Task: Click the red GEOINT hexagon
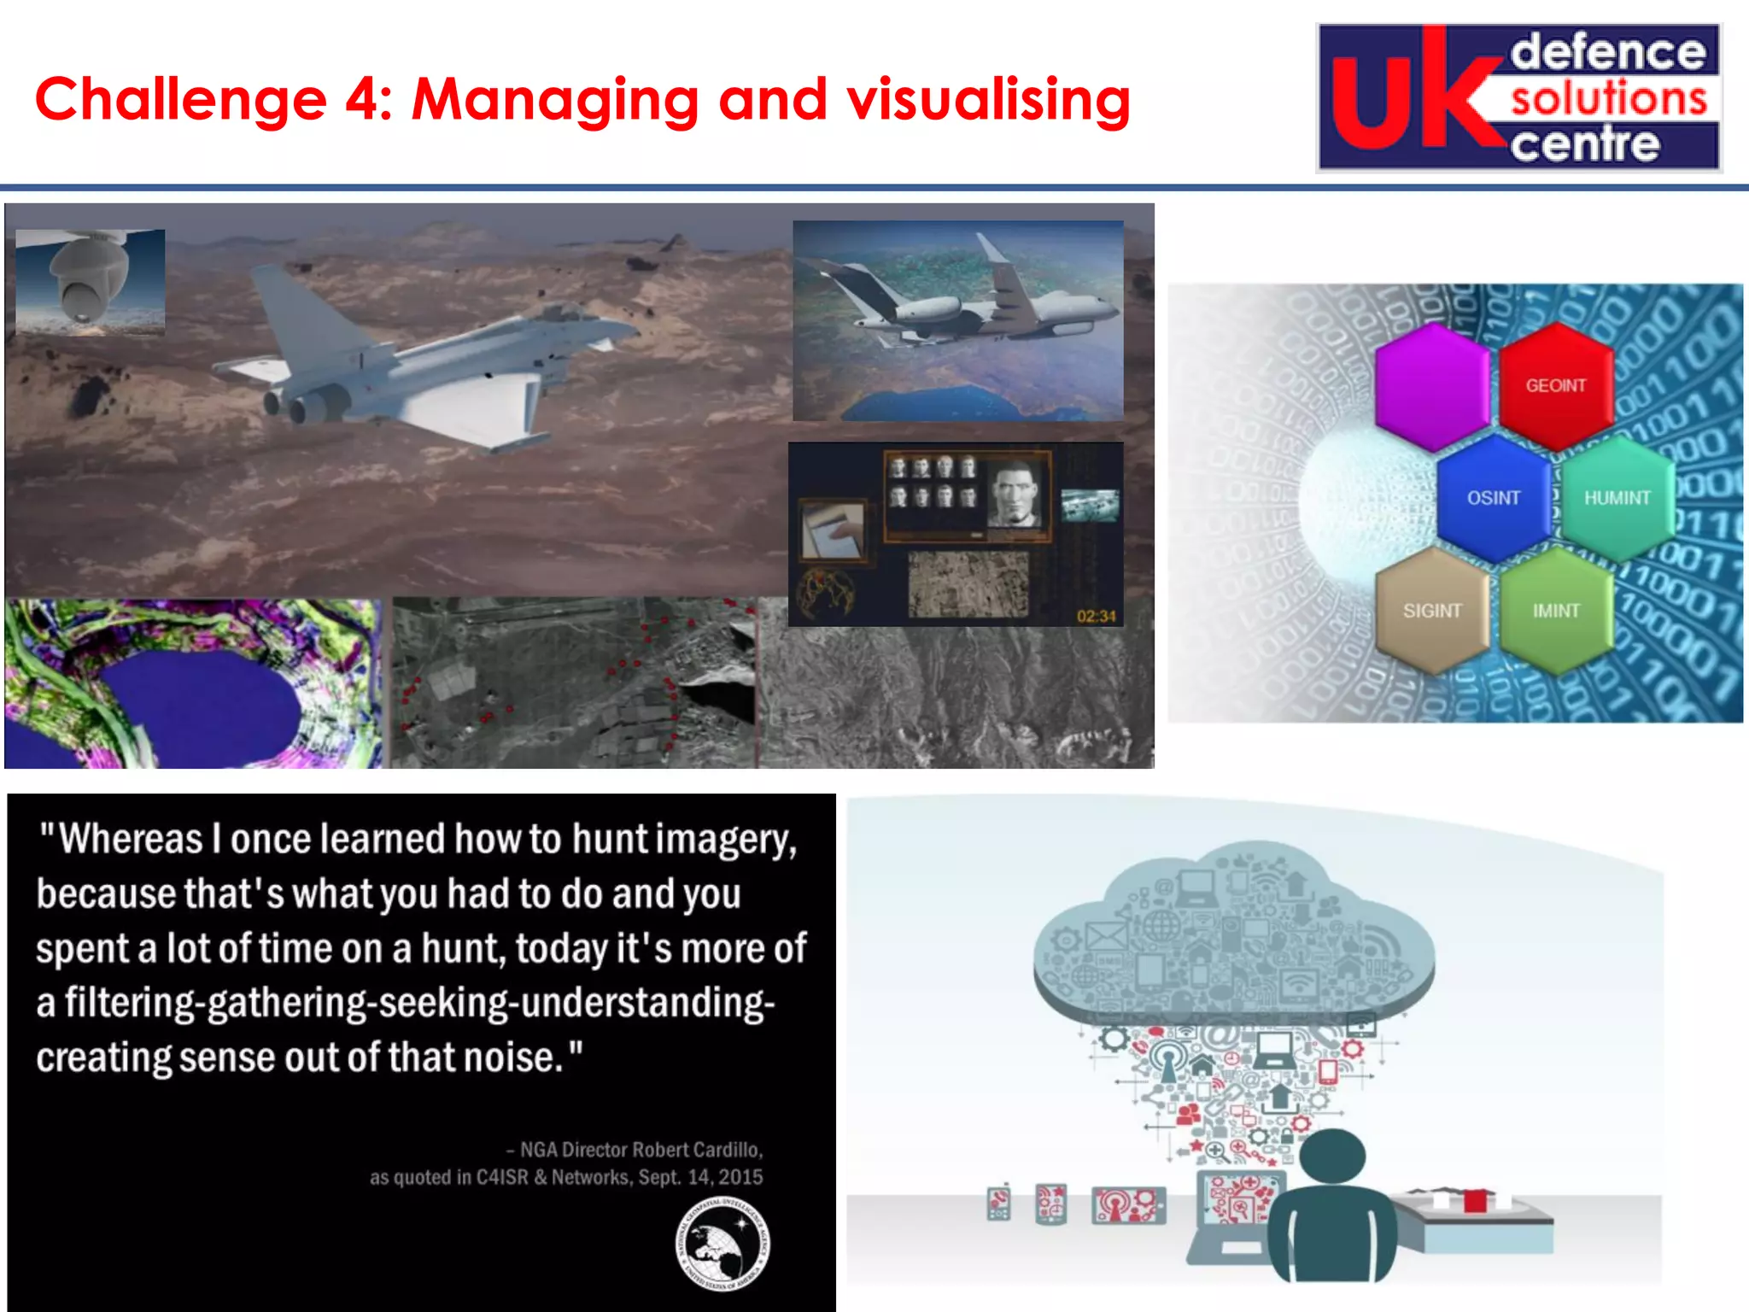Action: click(x=1555, y=386)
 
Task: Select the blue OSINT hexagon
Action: click(x=1493, y=498)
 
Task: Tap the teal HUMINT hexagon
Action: click(x=1617, y=498)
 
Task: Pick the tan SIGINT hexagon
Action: click(x=1432, y=611)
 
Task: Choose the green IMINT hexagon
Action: click(x=1555, y=611)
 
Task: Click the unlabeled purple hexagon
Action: click(x=1432, y=386)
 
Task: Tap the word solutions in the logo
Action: click(x=1609, y=98)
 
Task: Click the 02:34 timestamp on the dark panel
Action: click(x=1096, y=616)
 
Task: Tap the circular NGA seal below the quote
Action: click(x=722, y=1245)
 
